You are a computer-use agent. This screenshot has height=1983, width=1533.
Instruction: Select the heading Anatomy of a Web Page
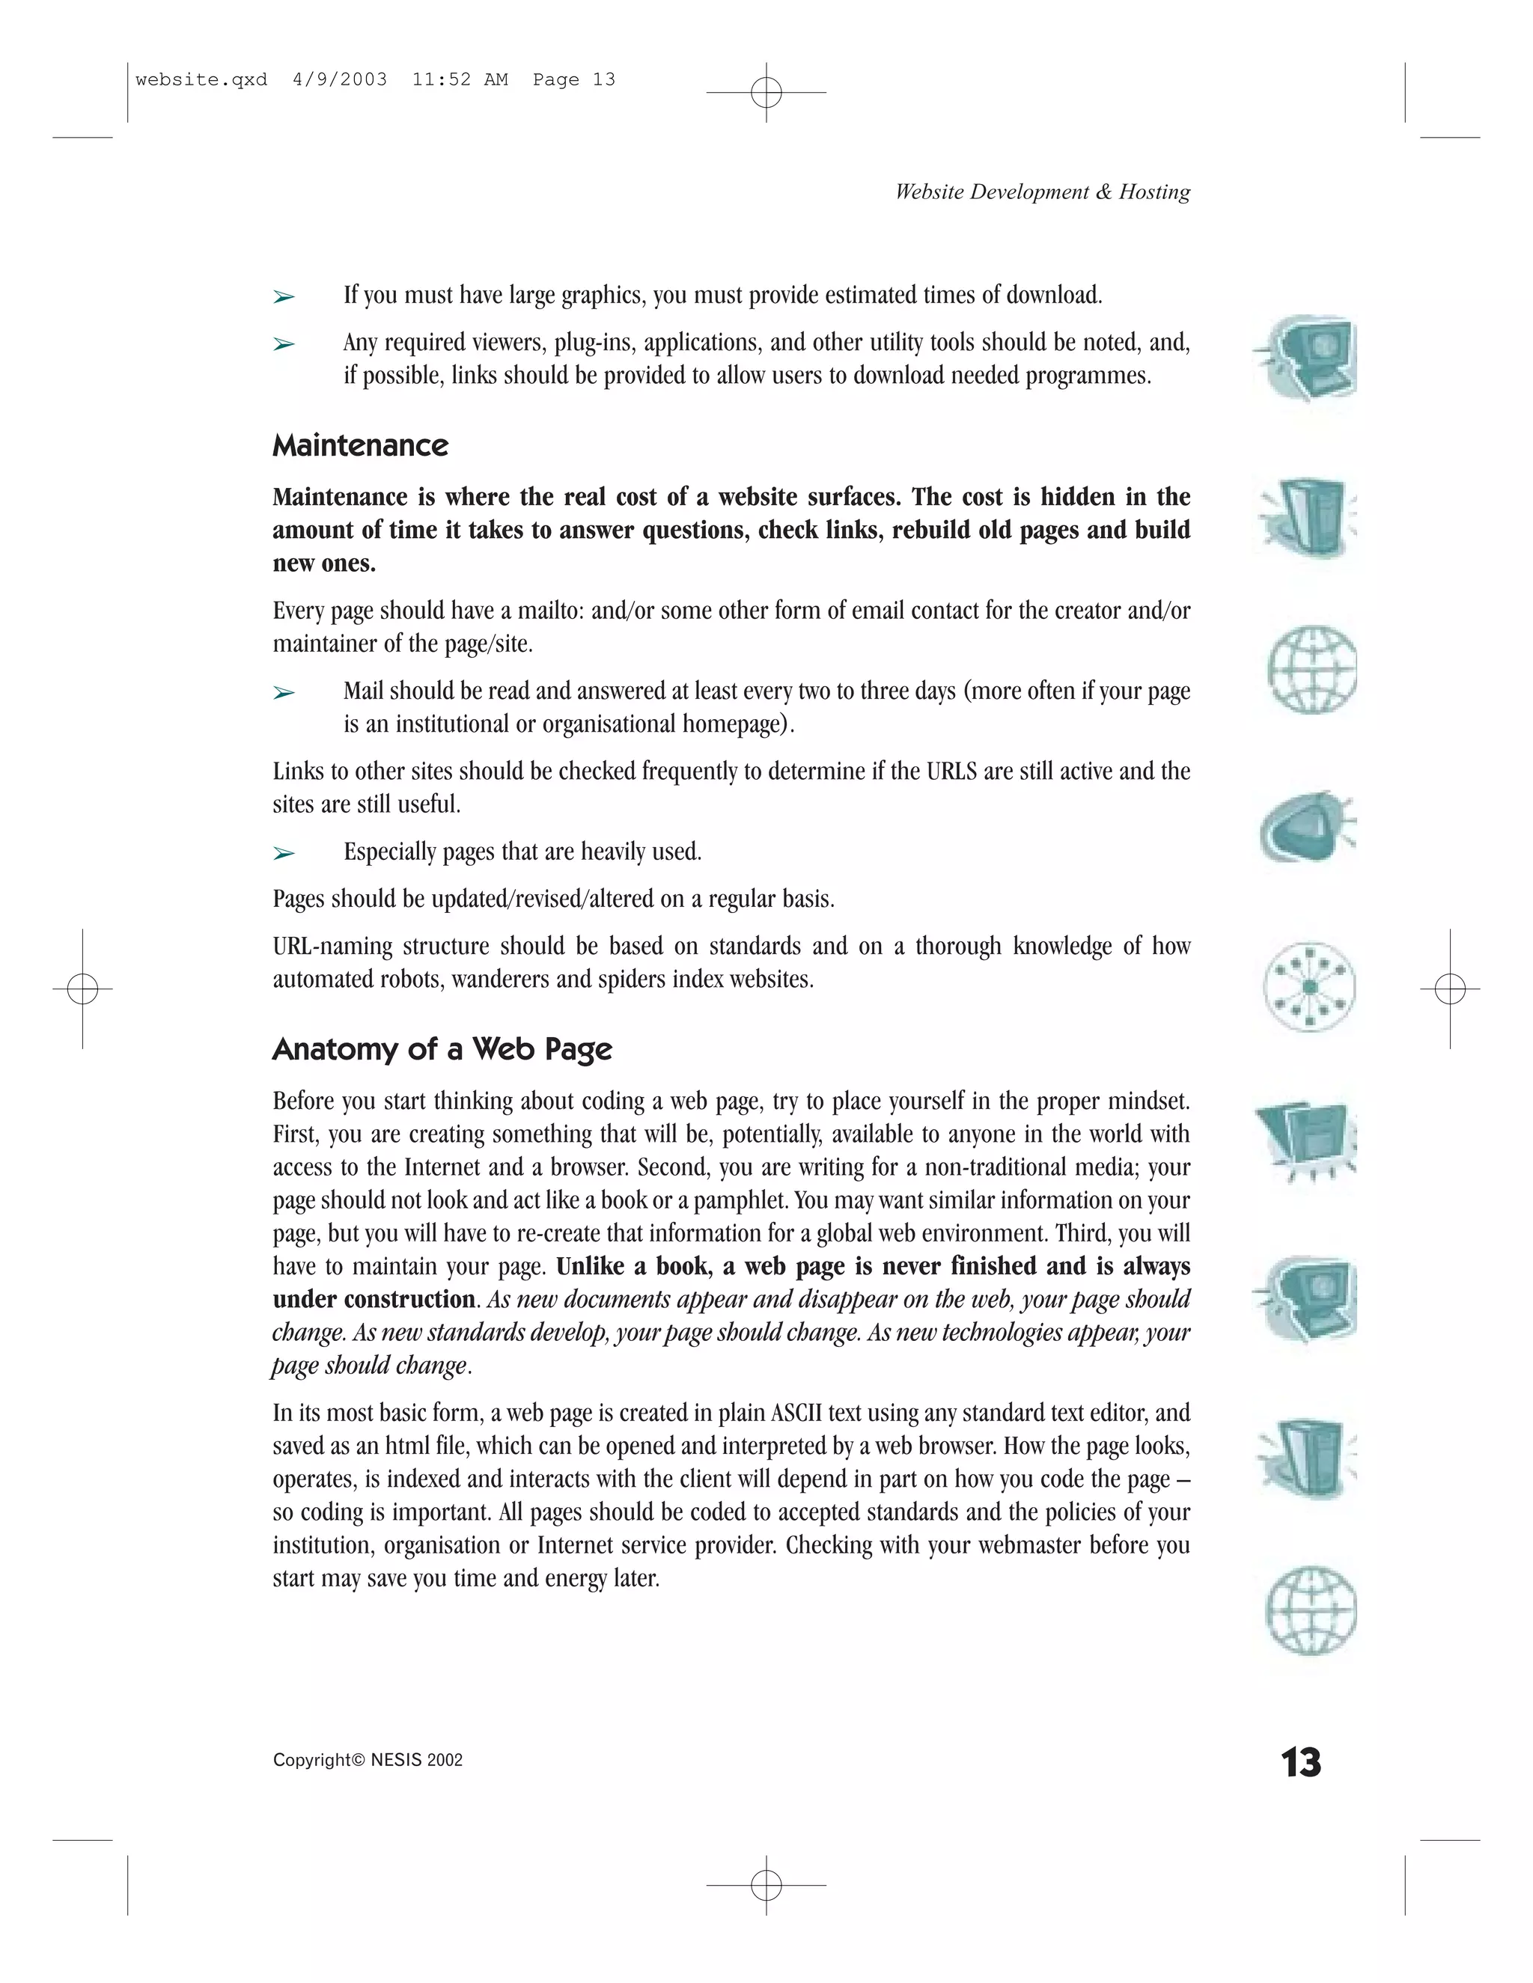tap(442, 1050)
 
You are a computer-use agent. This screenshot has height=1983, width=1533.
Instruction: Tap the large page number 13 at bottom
tap(1300, 1762)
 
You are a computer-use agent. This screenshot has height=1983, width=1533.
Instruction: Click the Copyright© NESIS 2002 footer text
tap(368, 1760)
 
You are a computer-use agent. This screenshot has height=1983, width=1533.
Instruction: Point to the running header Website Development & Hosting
tap(1042, 192)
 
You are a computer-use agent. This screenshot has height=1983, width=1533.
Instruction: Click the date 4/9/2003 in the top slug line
tap(340, 80)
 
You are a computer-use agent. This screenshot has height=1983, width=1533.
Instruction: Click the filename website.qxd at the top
tap(201, 80)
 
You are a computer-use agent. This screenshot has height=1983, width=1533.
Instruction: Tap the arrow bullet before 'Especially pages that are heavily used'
tap(284, 854)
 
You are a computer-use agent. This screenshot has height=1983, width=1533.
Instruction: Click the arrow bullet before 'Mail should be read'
tap(284, 693)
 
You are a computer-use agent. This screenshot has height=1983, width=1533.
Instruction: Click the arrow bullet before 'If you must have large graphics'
tap(284, 297)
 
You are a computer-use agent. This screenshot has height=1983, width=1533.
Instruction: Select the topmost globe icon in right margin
tap(1311, 669)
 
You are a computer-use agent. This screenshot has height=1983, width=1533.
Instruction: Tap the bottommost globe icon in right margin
tap(1311, 1610)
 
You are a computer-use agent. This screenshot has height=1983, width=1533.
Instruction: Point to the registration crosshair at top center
tap(766, 92)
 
